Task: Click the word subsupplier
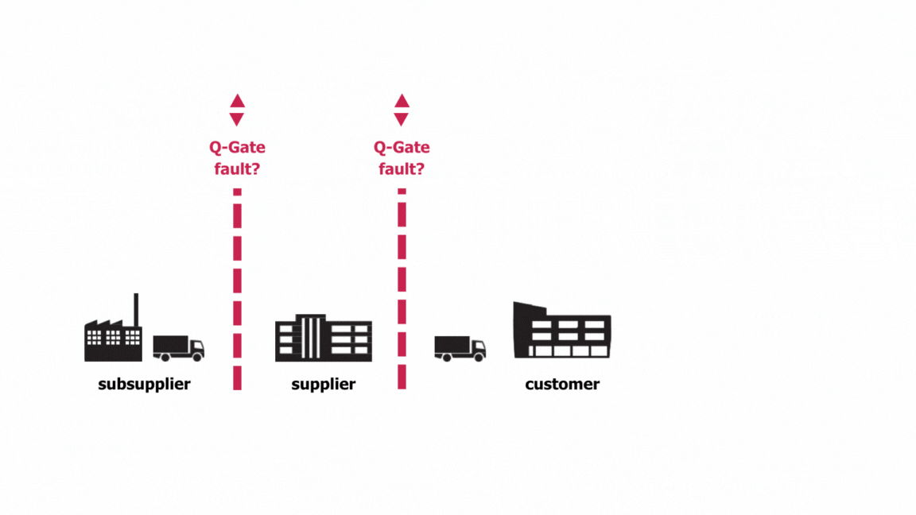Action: pos(144,385)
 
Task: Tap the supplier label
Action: pos(323,385)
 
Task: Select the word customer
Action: pos(562,385)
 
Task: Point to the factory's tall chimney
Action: pos(136,310)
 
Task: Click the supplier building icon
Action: pos(323,339)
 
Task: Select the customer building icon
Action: pos(561,331)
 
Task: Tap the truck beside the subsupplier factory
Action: pos(178,348)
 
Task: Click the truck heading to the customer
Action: pos(460,348)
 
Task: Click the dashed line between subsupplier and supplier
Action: pos(237,289)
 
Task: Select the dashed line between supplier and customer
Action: pos(402,289)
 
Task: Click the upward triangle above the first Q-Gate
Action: pos(237,101)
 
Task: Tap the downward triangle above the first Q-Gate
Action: pos(237,119)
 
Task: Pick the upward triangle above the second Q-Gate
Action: pos(402,101)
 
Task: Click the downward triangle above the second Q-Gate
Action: pos(402,119)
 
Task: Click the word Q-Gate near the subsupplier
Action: pos(237,148)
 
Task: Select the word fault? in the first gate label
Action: pos(237,168)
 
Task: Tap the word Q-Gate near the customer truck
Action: pos(402,148)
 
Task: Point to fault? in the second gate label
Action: pos(402,168)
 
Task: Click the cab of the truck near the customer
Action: pos(478,348)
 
